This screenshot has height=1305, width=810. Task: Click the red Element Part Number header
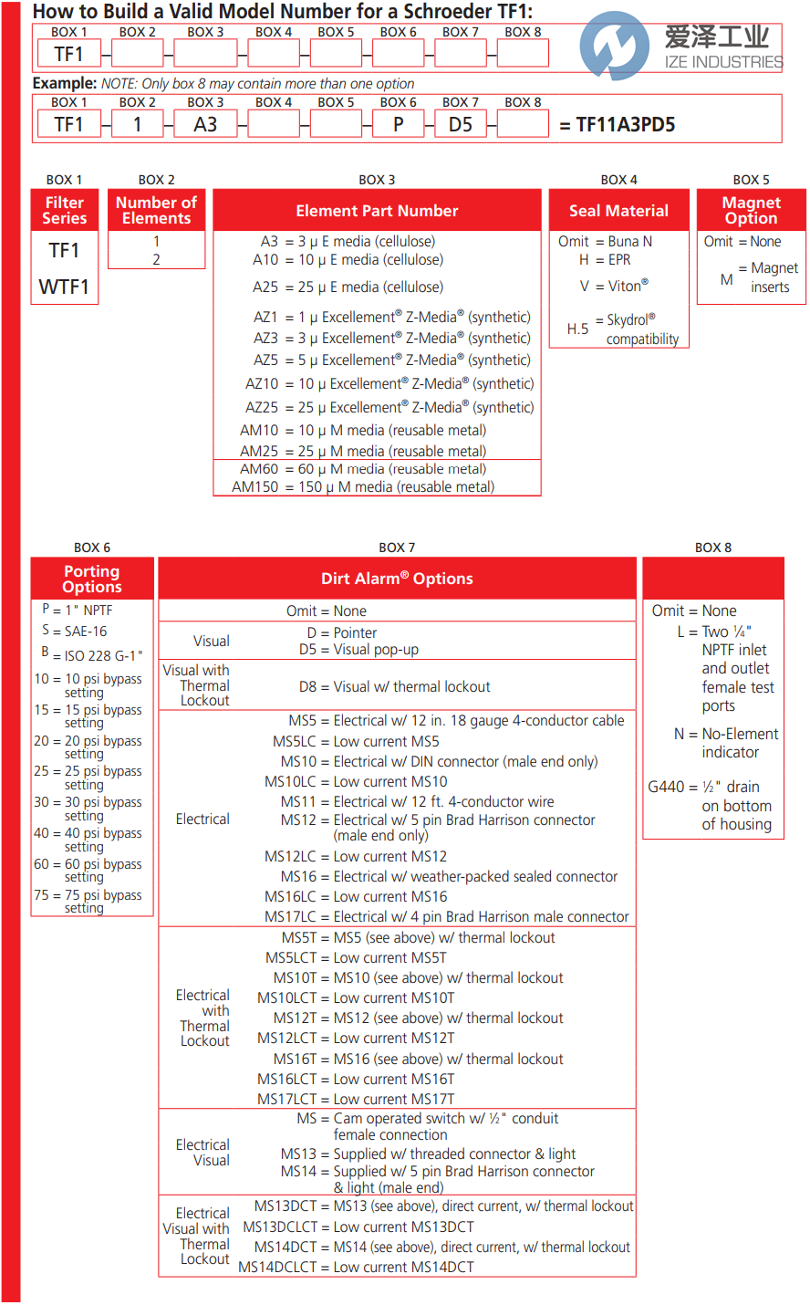[377, 211]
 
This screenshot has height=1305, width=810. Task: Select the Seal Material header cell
[618, 211]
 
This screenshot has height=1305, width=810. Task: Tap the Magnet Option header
[751, 211]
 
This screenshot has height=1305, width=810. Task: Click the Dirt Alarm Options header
[397, 579]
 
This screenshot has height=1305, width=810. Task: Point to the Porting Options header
[92, 579]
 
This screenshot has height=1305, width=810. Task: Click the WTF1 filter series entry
[64, 287]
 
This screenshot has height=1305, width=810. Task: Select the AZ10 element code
[262, 384]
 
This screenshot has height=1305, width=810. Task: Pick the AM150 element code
[255, 487]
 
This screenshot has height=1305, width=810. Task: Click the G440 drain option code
[666, 787]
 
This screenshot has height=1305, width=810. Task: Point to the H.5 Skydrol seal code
[577, 329]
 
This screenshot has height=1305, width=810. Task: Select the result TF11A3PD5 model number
[626, 125]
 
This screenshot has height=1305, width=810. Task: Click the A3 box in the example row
[205, 124]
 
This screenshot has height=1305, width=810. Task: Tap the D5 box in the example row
[461, 124]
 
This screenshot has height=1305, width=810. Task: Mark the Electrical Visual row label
[202, 1153]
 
